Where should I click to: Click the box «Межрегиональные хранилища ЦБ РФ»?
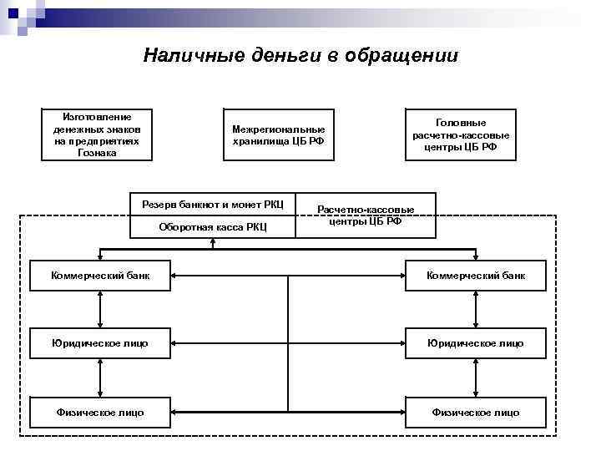tap(279, 134)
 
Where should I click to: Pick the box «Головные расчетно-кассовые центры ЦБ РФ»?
tap(461, 134)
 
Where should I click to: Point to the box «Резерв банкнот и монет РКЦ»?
tap(213, 205)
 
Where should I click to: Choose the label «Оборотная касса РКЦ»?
tap(213, 227)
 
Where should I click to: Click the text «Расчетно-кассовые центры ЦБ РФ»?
tap(366, 215)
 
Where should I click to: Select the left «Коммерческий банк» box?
tap(100, 275)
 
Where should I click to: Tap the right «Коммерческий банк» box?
tap(476, 275)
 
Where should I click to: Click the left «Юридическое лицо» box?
tap(100, 343)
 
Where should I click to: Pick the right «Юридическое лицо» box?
tap(476, 343)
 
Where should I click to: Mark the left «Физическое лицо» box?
tap(100, 412)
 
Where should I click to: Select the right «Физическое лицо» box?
tap(476, 412)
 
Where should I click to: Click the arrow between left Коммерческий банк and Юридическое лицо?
tap(100, 309)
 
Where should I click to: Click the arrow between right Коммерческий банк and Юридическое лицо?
tap(476, 309)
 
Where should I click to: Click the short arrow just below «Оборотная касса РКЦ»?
tap(214, 244)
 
